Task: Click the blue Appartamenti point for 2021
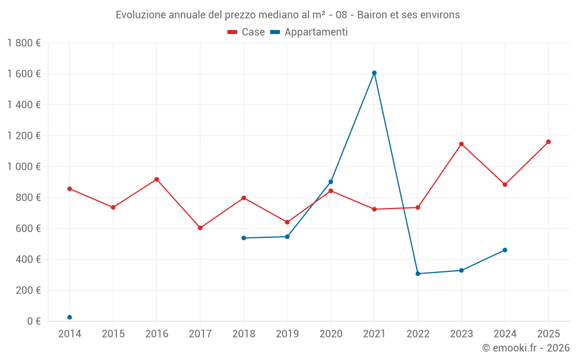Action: pyautogui.click(x=374, y=73)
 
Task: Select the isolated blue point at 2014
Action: pyautogui.click(x=70, y=317)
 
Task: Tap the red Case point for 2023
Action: pyautogui.click(x=461, y=144)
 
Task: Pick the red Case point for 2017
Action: pyautogui.click(x=200, y=228)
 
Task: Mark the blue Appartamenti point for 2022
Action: pyautogui.click(x=418, y=274)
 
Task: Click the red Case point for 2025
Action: pyautogui.click(x=548, y=142)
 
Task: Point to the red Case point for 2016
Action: pyautogui.click(x=157, y=179)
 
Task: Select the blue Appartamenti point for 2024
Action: pyautogui.click(x=505, y=250)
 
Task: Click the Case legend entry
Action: pyautogui.click(x=246, y=32)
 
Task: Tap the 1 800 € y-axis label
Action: pyautogui.click(x=24, y=43)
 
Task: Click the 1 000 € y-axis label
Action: pyautogui.click(x=24, y=166)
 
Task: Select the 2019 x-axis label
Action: pyautogui.click(x=287, y=334)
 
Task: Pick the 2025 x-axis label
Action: pyautogui.click(x=548, y=334)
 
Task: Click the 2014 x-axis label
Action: pyautogui.click(x=70, y=334)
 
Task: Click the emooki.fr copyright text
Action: pyautogui.click(x=526, y=348)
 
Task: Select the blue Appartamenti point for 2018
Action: pyautogui.click(x=244, y=238)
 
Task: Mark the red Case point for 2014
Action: pyautogui.click(x=70, y=188)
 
